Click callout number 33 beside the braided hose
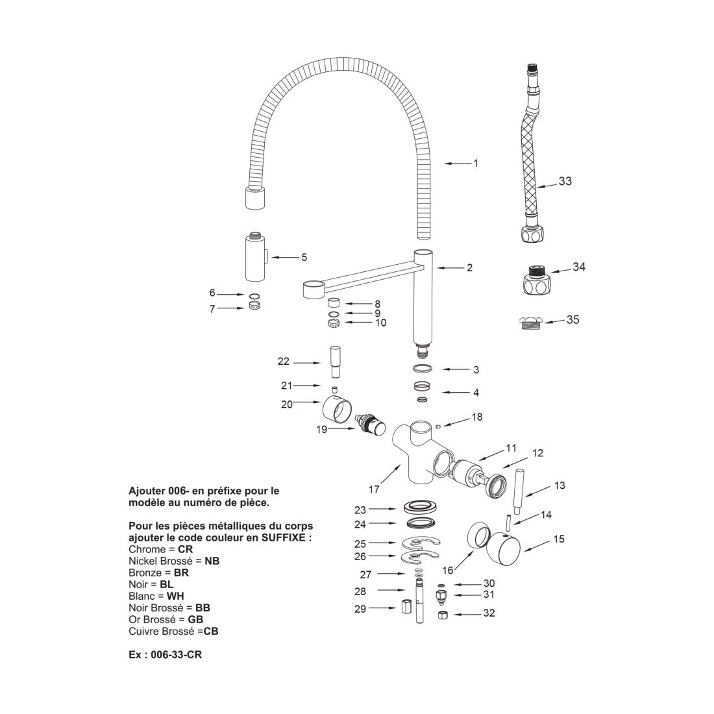point(565,181)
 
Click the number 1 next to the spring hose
point(475,164)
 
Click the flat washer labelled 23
point(420,506)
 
